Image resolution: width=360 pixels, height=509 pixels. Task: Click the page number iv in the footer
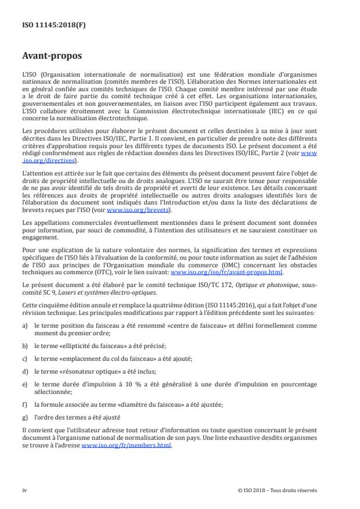24,490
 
